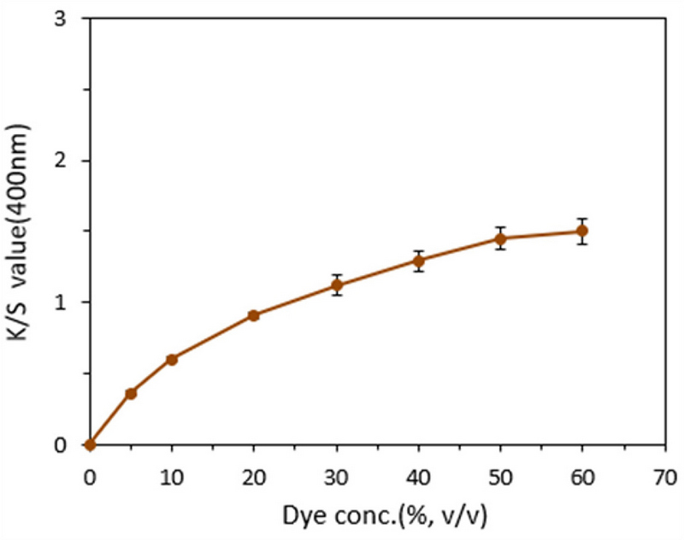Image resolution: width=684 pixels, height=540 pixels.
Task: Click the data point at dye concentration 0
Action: (90, 444)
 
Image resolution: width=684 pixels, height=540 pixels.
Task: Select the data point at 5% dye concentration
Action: (131, 393)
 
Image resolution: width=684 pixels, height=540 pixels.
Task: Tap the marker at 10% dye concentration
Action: (172, 360)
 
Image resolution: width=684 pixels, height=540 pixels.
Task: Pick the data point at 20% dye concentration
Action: (254, 315)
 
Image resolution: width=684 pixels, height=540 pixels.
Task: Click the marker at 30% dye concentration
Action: (337, 285)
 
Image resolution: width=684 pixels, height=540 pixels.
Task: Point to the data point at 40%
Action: (419, 261)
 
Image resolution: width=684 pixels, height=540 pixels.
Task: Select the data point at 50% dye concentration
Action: (501, 238)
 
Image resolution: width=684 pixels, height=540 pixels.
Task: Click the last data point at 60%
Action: (582, 231)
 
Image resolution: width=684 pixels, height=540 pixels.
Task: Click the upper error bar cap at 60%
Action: (582, 219)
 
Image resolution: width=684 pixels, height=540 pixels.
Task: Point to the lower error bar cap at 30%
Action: (337, 295)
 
